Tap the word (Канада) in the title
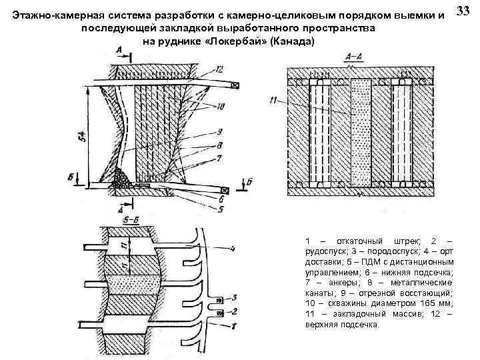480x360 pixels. point(289,42)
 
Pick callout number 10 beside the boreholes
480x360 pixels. point(219,106)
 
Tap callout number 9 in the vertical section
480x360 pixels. point(219,133)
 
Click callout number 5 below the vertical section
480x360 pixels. point(220,207)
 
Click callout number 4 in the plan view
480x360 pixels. point(232,249)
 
